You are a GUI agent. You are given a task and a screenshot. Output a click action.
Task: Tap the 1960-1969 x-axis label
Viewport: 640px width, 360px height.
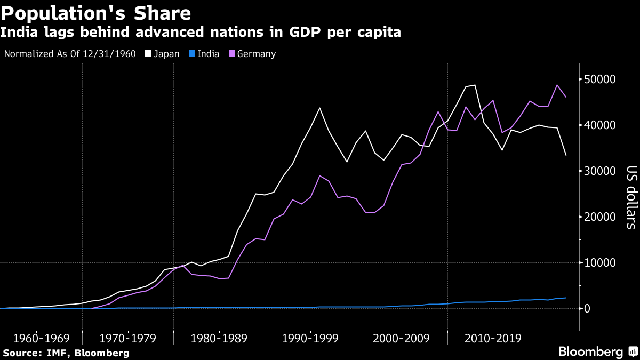point(41,339)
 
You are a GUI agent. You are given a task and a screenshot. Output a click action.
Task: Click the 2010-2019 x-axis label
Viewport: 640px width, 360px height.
point(494,339)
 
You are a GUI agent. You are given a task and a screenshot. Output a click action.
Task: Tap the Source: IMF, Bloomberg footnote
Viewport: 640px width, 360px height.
point(67,353)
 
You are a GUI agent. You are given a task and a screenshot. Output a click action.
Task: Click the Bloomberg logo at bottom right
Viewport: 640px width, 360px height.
point(590,352)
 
